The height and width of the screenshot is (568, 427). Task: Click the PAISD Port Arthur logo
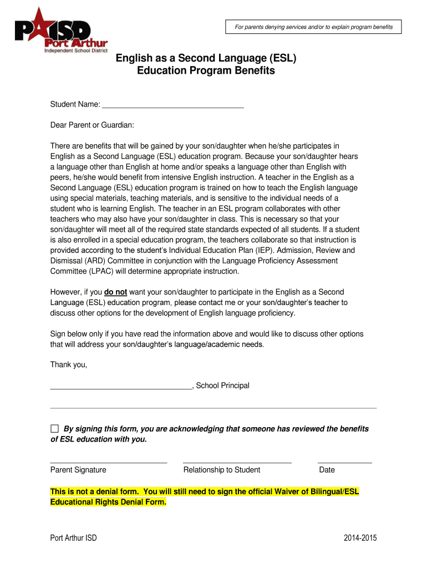(x=61, y=31)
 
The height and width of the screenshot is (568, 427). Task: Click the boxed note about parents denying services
(x=313, y=27)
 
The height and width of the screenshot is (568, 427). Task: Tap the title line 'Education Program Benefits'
(x=206, y=71)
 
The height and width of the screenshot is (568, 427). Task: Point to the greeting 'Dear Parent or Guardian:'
(x=92, y=125)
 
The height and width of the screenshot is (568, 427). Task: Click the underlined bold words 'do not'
(x=115, y=292)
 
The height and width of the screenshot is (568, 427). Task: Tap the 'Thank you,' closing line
(x=69, y=364)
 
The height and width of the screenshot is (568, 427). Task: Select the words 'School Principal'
(x=223, y=386)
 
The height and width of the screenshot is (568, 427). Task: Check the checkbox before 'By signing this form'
(x=54, y=429)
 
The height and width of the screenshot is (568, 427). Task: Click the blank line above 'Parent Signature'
(x=109, y=461)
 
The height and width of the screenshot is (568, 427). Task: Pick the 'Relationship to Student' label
(x=222, y=470)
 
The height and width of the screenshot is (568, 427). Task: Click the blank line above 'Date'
(x=344, y=461)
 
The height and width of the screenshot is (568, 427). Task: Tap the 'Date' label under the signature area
(x=327, y=470)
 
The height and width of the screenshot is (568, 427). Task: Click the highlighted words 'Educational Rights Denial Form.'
(x=108, y=502)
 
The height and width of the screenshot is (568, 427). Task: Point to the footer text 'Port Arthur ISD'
(x=73, y=538)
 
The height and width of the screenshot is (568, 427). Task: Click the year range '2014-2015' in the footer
(x=360, y=538)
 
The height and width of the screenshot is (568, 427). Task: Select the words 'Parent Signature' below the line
(x=78, y=470)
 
